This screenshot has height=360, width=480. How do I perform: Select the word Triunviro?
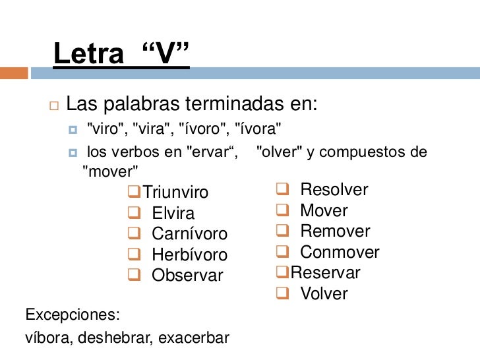pyautogui.click(x=175, y=193)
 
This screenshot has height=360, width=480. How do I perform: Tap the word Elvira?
pyautogui.click(x=173, y=214)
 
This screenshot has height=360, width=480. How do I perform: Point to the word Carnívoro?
pyautogui.click(x=189, y=234)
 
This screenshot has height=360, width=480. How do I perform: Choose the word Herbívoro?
pyautogui.click(x=189, y=255)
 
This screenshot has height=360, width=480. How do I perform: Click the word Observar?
pyautogui.click(x=187, y=276)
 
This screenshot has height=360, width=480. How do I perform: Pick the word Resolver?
pyautogui.click(x=334, y=191)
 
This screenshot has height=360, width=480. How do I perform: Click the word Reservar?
pyautogui.click(x=326, y=273)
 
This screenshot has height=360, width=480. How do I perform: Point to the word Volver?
pyautogui.click(x=324, y=293)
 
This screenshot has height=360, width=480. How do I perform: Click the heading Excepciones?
pyautogui.click(x=72, y=313)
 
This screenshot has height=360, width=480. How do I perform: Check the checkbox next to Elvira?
pyautogui.click(x=134, y=213)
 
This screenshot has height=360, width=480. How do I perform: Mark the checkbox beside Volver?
pyautogui.click(x=282, y=293)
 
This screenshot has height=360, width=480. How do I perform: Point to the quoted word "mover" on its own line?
pyautogui.click(x=109, y=173)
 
